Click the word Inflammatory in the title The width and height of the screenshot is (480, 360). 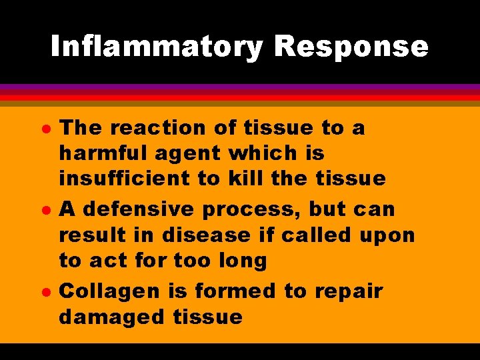[157, 47]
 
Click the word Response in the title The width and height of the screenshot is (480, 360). [351, 47]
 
